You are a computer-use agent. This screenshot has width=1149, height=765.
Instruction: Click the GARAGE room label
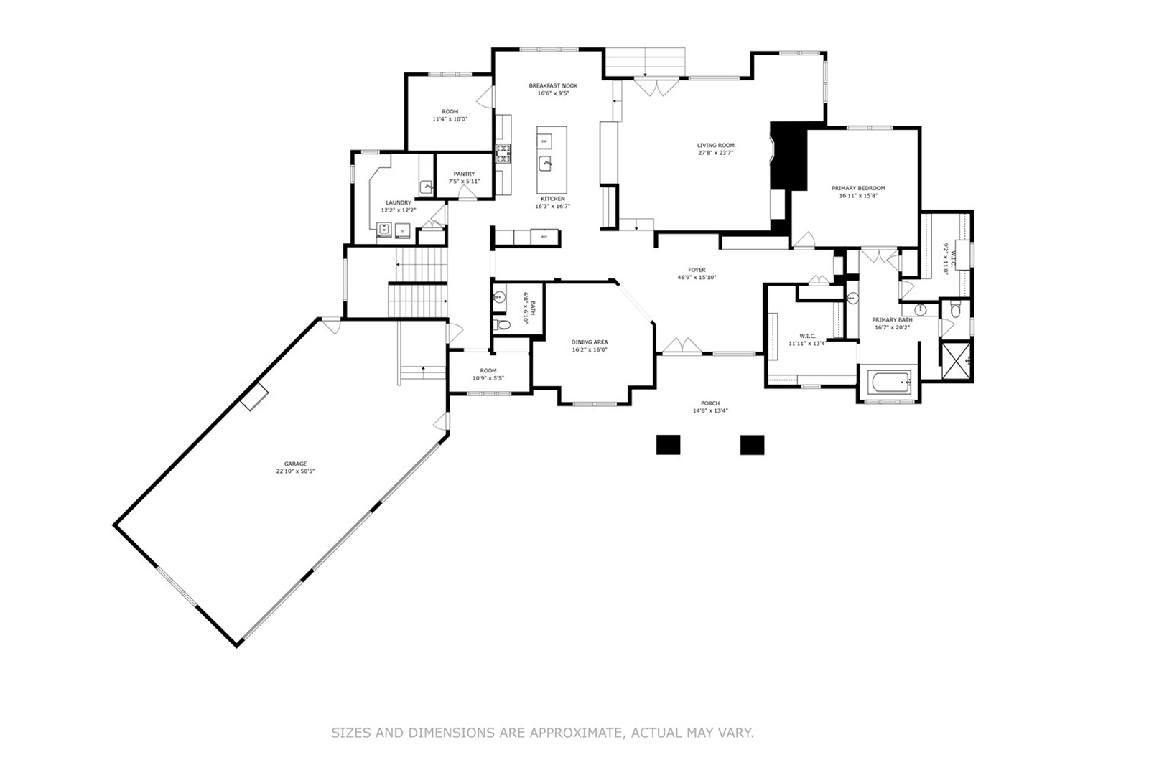point(295,464)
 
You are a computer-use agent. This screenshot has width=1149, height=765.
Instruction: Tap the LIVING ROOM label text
point(715,145)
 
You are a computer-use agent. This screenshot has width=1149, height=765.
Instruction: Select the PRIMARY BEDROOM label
point(858,188)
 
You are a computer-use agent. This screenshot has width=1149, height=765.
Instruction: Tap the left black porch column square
point(668,444)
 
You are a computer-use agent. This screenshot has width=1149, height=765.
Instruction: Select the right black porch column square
point(752,444)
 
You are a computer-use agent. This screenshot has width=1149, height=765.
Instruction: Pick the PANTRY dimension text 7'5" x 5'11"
point(464,182)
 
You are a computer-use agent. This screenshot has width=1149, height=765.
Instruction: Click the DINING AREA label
point(590,342)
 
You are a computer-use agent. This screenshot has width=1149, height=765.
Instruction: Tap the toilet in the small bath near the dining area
point(502,326)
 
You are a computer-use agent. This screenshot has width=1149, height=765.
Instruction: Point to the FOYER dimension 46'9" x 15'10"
point(697,278)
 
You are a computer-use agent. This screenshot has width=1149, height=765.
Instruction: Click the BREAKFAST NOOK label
point(553,85)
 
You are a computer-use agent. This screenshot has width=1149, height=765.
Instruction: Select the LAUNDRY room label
point(399,202)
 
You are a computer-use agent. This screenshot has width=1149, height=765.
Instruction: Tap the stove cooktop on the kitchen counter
point(503,151)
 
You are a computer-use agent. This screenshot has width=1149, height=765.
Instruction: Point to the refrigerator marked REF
point(544,237)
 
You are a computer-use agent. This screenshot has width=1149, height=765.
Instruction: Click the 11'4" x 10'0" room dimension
point(450,119)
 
